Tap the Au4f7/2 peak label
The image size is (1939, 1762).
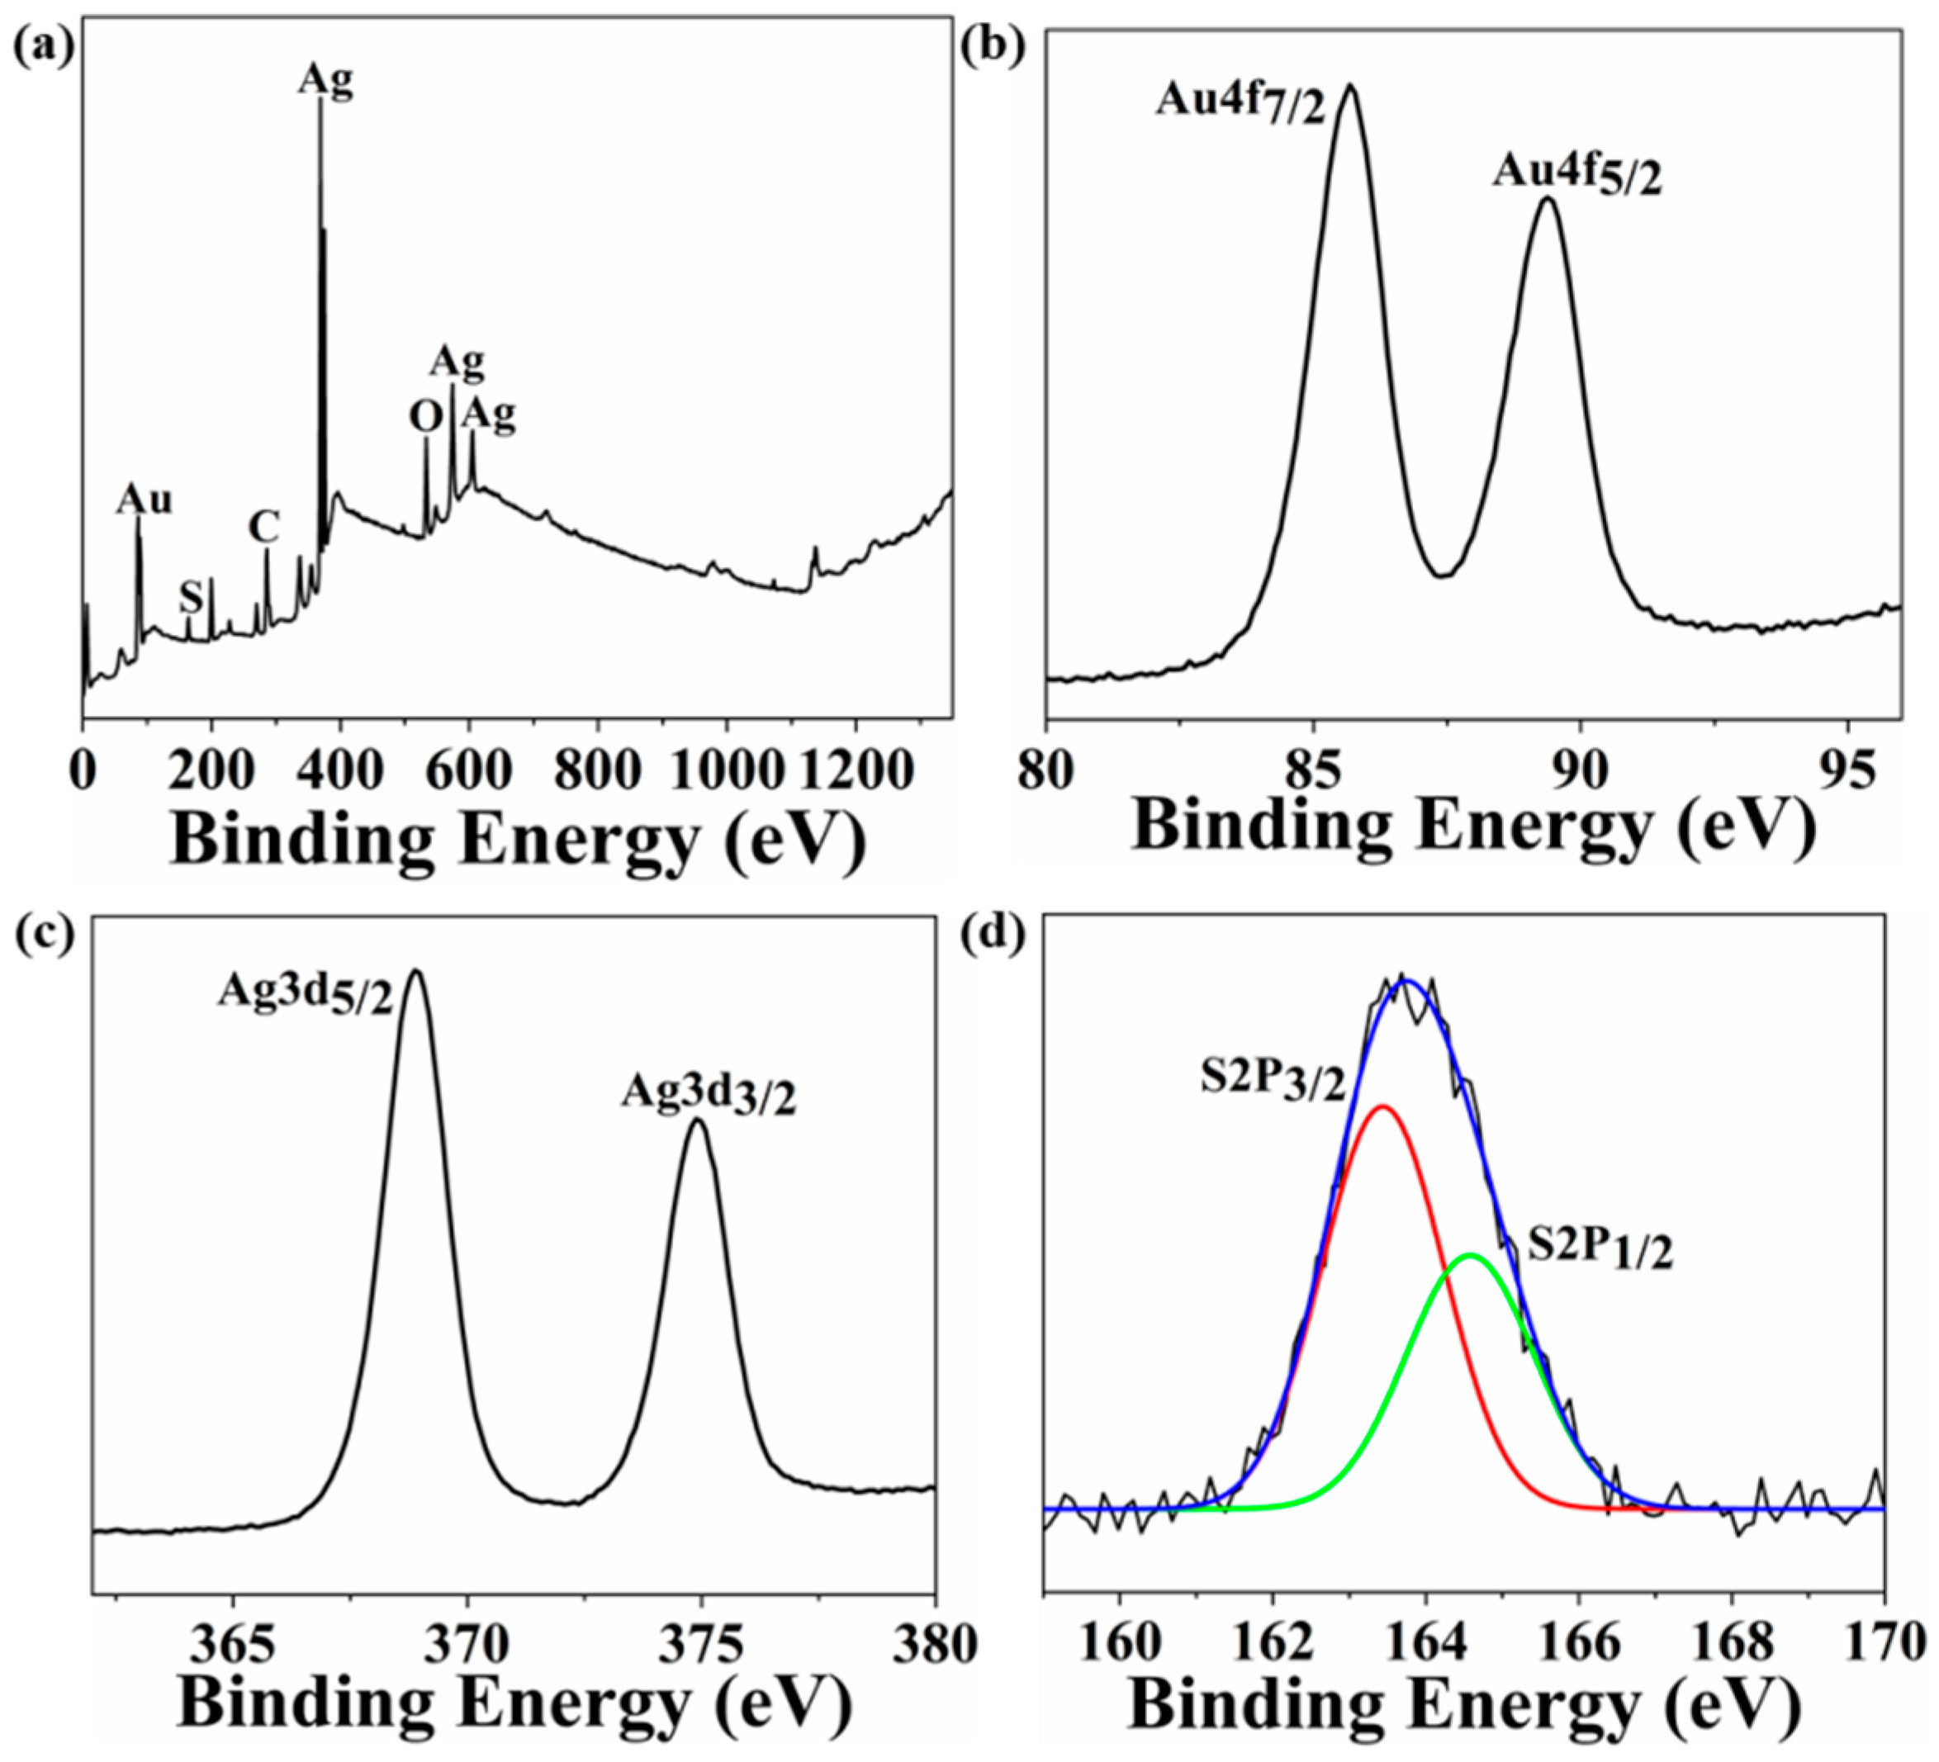click(x=1240, y=104)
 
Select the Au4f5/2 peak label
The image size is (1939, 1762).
click(x=1577, y=178)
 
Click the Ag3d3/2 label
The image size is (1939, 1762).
click(x=709, y=1097)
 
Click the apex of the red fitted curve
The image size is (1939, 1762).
click(x=1382, y=1107)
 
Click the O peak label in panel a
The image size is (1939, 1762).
click(x=426, y=418)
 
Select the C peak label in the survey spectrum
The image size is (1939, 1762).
click(x=263, y=527)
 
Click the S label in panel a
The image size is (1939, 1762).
click(x=192, y=599)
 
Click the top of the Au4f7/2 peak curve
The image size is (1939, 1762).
click(x=1350, y=86)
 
